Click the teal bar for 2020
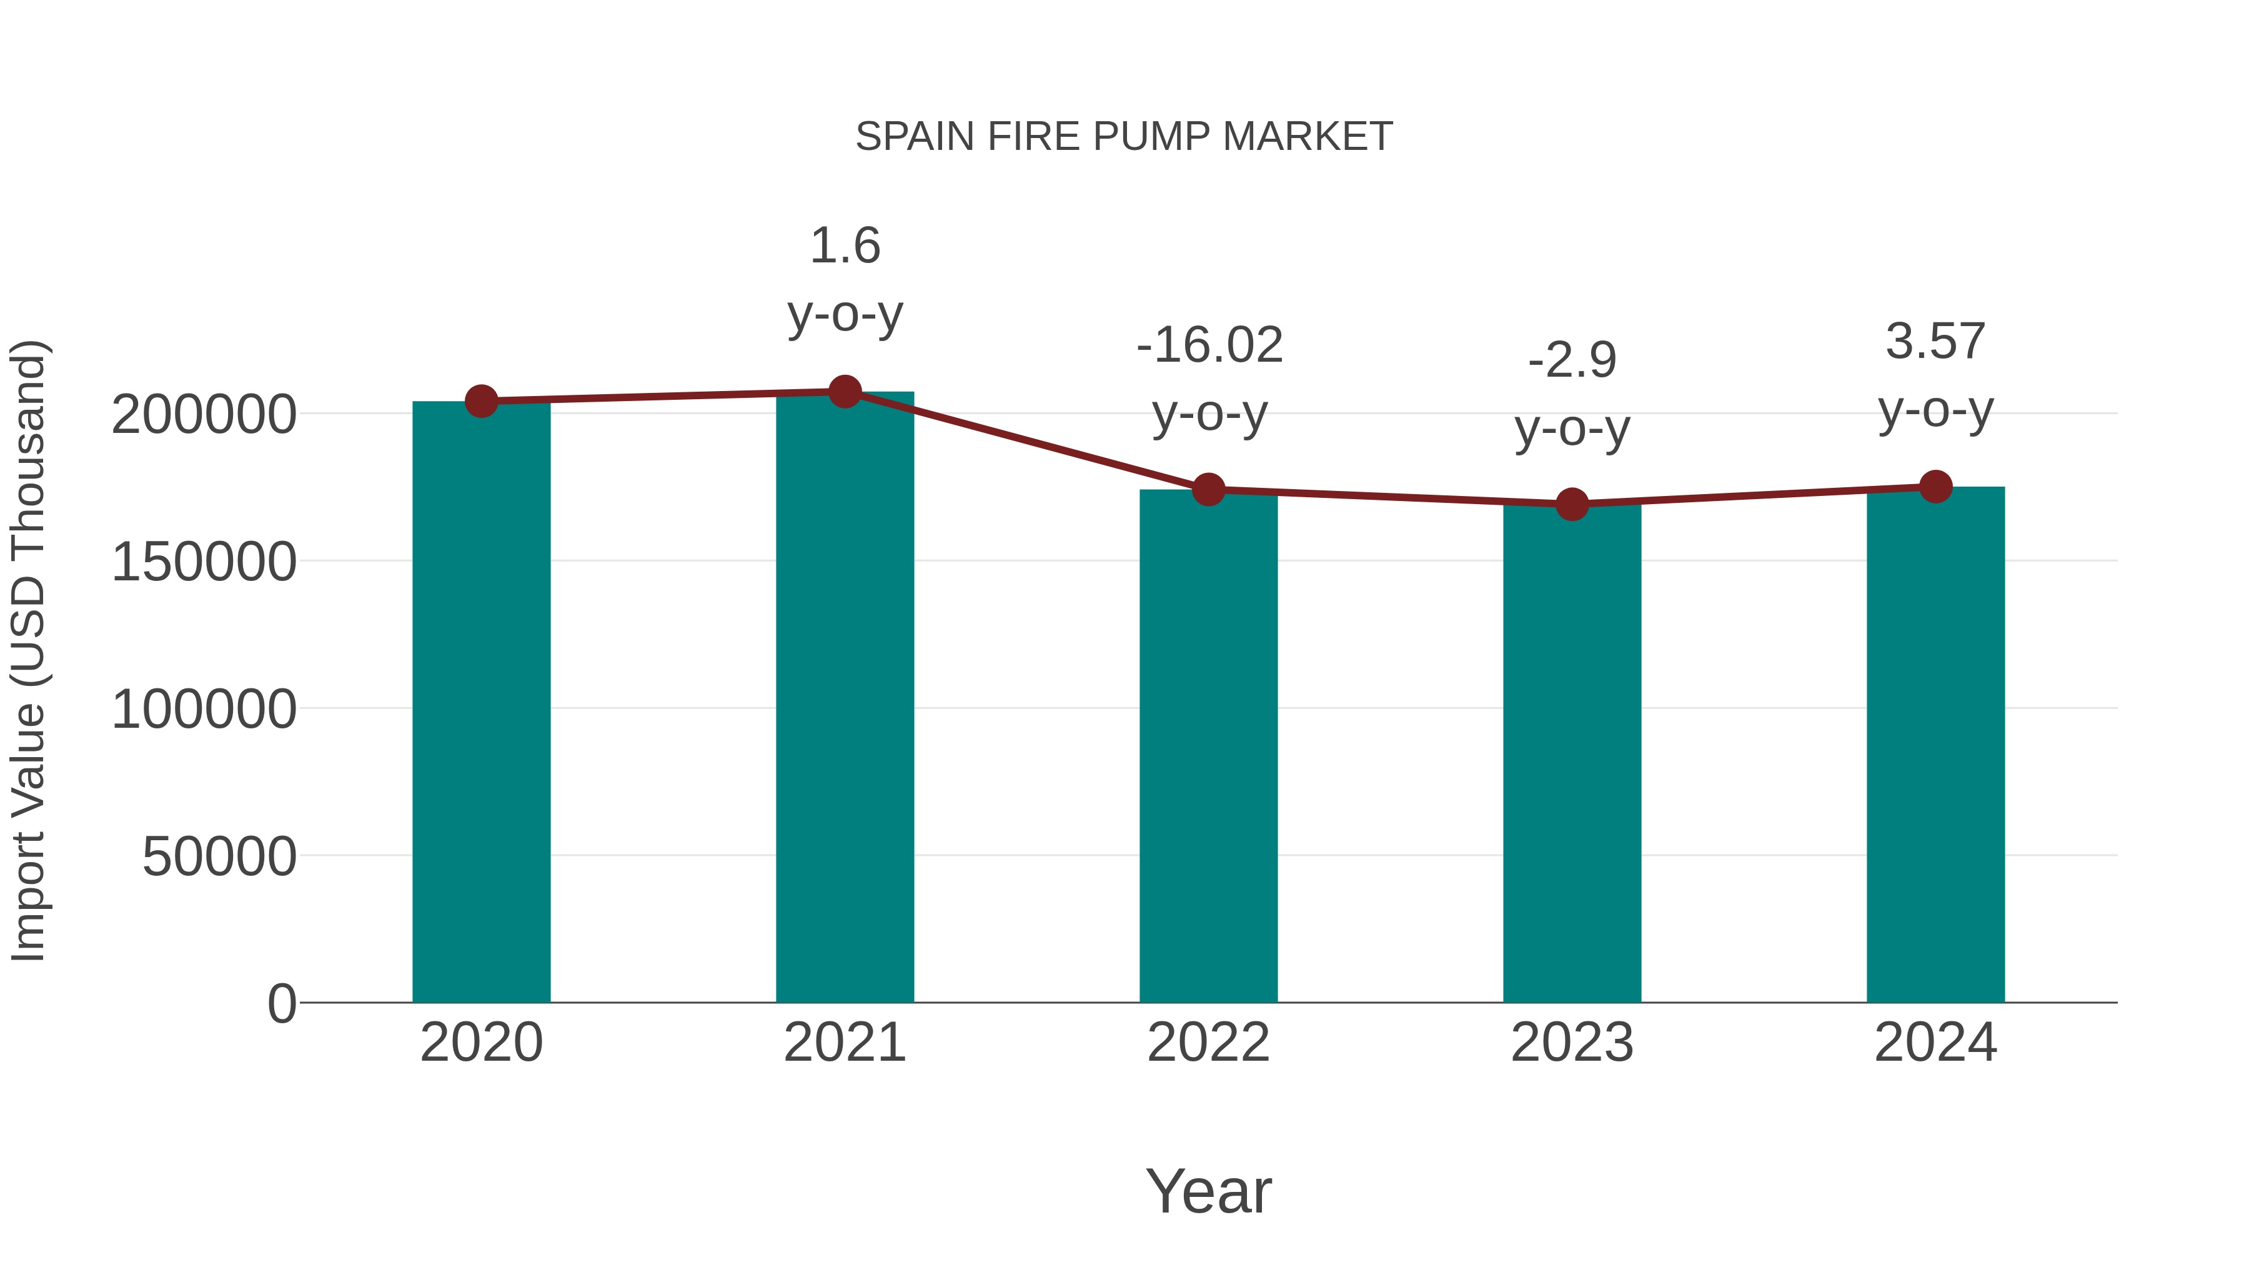[481, 702]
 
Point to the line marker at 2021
[844, 392]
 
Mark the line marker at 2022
[1208, 490]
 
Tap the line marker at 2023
[1572, 504]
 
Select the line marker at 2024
[1935, 486]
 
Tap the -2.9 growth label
[1572, 360]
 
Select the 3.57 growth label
[1935, 340]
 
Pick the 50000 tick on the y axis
[219, 856]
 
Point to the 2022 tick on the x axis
[1208, 1043]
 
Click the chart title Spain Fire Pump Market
[1124, 137]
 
